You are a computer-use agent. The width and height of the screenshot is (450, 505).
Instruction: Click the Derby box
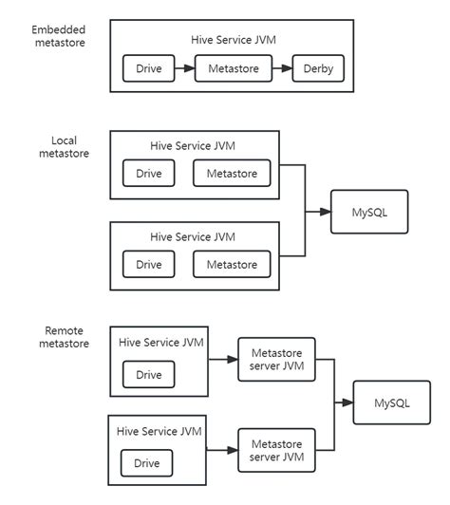click(318, 69)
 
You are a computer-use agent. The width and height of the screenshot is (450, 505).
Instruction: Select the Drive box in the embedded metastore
click(148, 69)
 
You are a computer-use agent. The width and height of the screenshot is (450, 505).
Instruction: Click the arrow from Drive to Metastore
click(184, 69)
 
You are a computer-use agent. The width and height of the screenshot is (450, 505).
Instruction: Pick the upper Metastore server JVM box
click(274, 360)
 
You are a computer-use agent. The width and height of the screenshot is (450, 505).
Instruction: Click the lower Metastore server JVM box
click(274, 453)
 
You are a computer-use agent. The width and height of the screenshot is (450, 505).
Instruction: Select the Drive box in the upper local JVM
click(148, 173)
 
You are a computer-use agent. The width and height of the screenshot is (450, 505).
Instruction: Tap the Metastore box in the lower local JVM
click(232, 264)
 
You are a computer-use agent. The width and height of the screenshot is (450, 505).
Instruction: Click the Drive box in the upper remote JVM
click(148, 375)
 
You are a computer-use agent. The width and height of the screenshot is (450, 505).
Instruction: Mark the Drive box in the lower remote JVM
click(148, 463)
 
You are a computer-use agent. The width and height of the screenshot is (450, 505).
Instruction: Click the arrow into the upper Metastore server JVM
click(222, 360)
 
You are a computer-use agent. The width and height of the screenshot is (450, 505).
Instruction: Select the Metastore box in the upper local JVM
click(232, 173)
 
